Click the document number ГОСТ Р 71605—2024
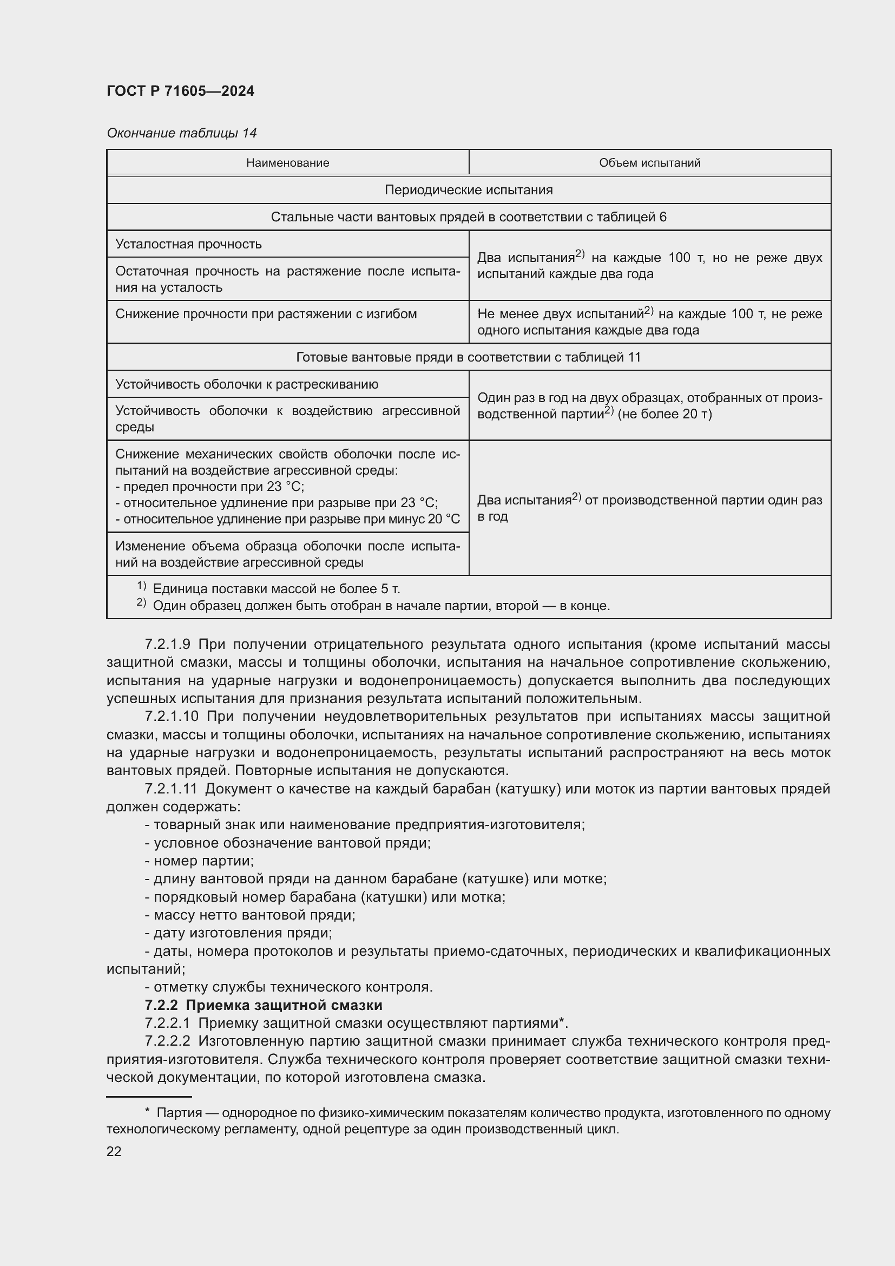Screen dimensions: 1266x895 click(180, 91)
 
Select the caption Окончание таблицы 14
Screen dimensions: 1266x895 click(181, 133)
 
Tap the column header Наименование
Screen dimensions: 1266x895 click(287, 163)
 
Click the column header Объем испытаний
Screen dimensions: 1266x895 click(649, 163)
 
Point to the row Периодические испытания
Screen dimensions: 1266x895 click(469, 190)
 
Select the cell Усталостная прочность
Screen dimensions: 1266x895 click(188, 244)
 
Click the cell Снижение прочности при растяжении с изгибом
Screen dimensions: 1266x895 click(266, 314)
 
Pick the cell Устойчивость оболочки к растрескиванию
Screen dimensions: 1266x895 click(246, 384)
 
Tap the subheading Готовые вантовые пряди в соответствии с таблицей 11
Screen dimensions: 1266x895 click(469, 357)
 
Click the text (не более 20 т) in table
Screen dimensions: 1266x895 click(664, 415)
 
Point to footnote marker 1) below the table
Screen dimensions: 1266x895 click(141, 586)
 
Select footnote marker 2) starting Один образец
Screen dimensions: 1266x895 click(141, 602)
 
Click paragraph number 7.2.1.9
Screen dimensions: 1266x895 click(167, 644)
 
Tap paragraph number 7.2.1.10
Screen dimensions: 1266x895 click(171, 716)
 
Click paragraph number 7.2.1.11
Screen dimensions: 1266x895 click(170, 789)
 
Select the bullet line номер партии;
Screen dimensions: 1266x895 click(199, 861)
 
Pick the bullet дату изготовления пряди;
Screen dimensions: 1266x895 click(238, 933)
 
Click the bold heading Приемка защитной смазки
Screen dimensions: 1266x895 click(284, 1005)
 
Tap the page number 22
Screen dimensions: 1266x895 click(114, 1152)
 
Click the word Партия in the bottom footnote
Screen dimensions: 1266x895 click(179, 1113)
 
